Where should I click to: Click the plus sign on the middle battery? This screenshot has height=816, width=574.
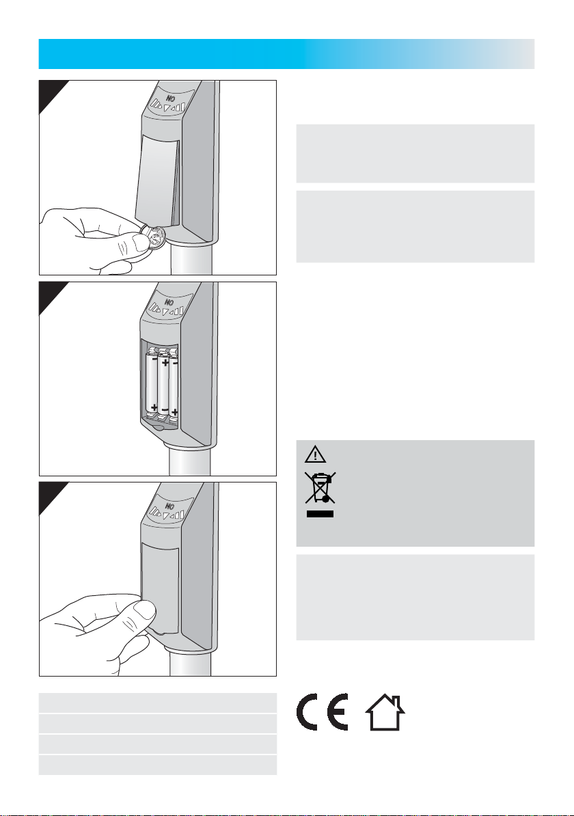click(165, 363)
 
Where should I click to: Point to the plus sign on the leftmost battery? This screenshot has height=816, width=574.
click(154, 406)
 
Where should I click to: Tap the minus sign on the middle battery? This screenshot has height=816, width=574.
click(165, 409)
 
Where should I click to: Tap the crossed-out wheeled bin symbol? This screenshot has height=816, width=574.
click(320, 488)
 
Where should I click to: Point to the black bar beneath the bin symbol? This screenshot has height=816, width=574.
click(320, 514)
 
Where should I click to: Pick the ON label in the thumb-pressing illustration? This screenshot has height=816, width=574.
click(169, 506)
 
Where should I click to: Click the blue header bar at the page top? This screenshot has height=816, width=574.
click(286, 53)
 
